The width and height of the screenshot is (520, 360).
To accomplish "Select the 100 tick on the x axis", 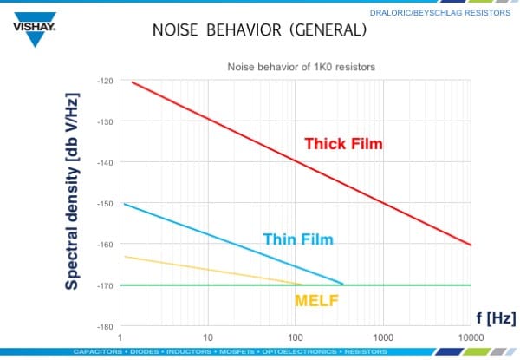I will [295, 336].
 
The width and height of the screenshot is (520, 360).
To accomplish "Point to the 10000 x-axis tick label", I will [469, 336].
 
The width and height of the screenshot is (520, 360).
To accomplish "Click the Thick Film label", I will [342, 143].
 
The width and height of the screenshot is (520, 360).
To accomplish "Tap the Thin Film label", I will [298, 239].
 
